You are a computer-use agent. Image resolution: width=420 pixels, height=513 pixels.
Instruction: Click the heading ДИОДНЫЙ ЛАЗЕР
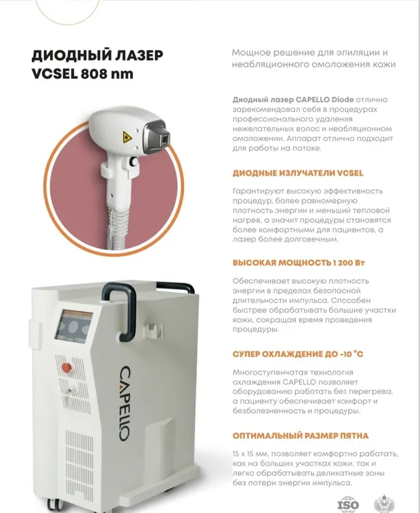pyautogui.click(x=97, y=55)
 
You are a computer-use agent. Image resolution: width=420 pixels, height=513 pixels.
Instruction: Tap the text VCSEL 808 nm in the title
pyautogui.click(x=83, y=74)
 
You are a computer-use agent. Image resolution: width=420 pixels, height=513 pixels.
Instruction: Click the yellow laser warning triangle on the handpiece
pyautogui.click(x=127, y=137)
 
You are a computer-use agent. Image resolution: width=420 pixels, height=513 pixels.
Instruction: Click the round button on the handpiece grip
pyautogui.click(x=133, y=161)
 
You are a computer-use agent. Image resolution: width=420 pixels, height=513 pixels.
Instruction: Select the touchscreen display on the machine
pyautogui.click(x=73, y=326)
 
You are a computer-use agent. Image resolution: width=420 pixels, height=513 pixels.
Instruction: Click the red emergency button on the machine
pyautogui.click(x=66, y=367)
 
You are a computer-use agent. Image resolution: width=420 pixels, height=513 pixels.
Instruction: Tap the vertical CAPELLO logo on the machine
pyautogui.click(x=124, y=403)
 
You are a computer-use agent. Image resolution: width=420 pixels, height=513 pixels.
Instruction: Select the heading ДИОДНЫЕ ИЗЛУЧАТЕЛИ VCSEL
pyautogui.click(x=298, y=173)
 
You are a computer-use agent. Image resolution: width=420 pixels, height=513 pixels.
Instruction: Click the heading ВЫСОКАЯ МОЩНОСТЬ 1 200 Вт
pyautogui.click(x=298, y=263)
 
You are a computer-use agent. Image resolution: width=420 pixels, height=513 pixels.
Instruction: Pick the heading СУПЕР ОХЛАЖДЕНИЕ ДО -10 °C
pyautogui.click(x=298, y=354)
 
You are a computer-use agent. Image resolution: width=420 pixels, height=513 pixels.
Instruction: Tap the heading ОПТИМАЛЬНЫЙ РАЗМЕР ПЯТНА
pyautogui.click(x=300, y=436)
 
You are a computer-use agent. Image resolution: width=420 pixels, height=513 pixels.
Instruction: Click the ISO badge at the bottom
pyautogui.click(x=348, y=505)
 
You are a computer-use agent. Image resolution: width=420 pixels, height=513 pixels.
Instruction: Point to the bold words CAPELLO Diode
pyautogui.click(x=324, y=99)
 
